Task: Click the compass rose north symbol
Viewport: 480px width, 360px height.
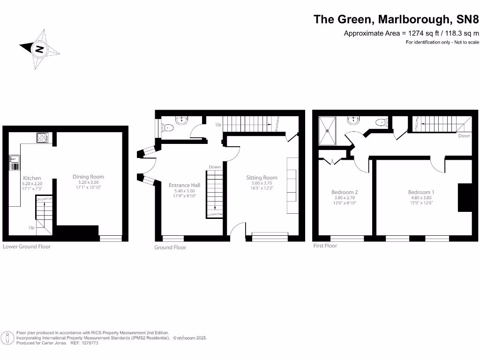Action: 39,49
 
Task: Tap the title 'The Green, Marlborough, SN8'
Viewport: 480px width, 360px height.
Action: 397,19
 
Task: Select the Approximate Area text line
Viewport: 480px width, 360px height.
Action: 412,33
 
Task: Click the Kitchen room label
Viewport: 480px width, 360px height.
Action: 32,178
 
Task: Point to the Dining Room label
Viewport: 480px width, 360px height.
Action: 88,177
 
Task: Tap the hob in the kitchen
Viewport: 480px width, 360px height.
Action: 43,138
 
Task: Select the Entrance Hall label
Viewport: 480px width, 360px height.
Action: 184,185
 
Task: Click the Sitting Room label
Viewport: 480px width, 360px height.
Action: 262,178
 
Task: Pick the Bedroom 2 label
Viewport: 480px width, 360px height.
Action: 345,192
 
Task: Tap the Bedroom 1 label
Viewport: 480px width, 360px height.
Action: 421,192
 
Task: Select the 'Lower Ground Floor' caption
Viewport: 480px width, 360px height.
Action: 27,247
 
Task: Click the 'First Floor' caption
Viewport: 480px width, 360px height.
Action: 325,246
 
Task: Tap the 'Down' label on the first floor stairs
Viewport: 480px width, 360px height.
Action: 464,136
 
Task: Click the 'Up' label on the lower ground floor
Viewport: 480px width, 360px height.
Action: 32,228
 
